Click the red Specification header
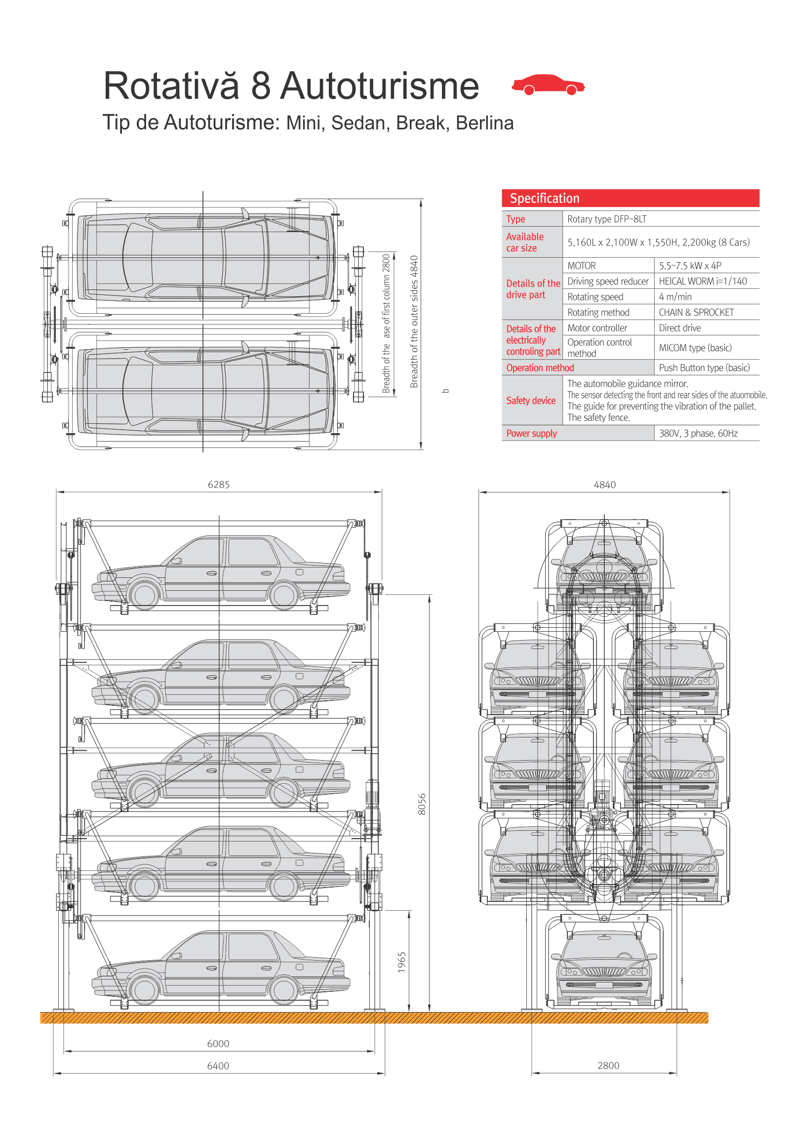(630, 198)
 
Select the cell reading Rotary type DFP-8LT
(606, 219)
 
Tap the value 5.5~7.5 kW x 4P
(690, 266)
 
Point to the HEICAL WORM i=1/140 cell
(703, 281)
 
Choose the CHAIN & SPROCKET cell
(696, 312)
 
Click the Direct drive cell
(680, 327)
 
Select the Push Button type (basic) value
(704, 367)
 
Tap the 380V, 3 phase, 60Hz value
(698, 434)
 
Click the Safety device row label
(531, 400)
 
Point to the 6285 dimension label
(219, 485)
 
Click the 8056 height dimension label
(422, 804)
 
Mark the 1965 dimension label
(402, 962)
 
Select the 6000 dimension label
(218, 1044)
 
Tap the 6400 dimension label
(218, 1066)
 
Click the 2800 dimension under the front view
(608, 1066)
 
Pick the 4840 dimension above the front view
(604, 485)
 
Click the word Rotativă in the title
(171, 85)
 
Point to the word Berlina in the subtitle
(484, 122)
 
